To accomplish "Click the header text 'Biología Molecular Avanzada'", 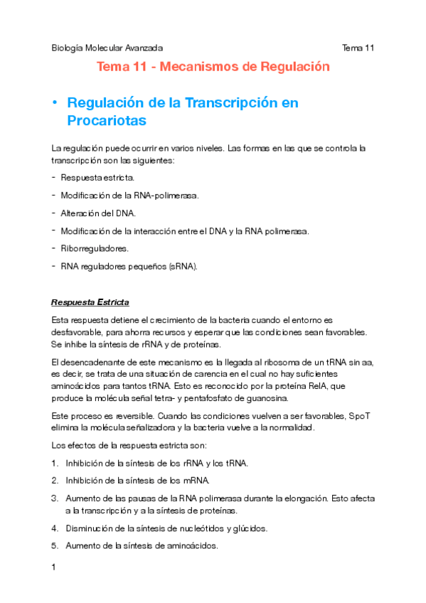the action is point(107,48).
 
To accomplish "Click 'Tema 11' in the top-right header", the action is point(358,48).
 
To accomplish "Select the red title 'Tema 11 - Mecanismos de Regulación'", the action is point(214,68).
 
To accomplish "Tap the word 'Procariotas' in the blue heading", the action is point(107,122).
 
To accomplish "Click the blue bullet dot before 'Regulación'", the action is point(54,103).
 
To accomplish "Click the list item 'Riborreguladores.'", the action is point(95,248).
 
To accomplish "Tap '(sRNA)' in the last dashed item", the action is point(183,267).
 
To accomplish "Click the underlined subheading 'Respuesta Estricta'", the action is point(90,303).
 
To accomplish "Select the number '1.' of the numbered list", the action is point(55,463).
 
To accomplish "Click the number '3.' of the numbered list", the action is point(55,498).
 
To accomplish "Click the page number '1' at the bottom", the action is point(53,568).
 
